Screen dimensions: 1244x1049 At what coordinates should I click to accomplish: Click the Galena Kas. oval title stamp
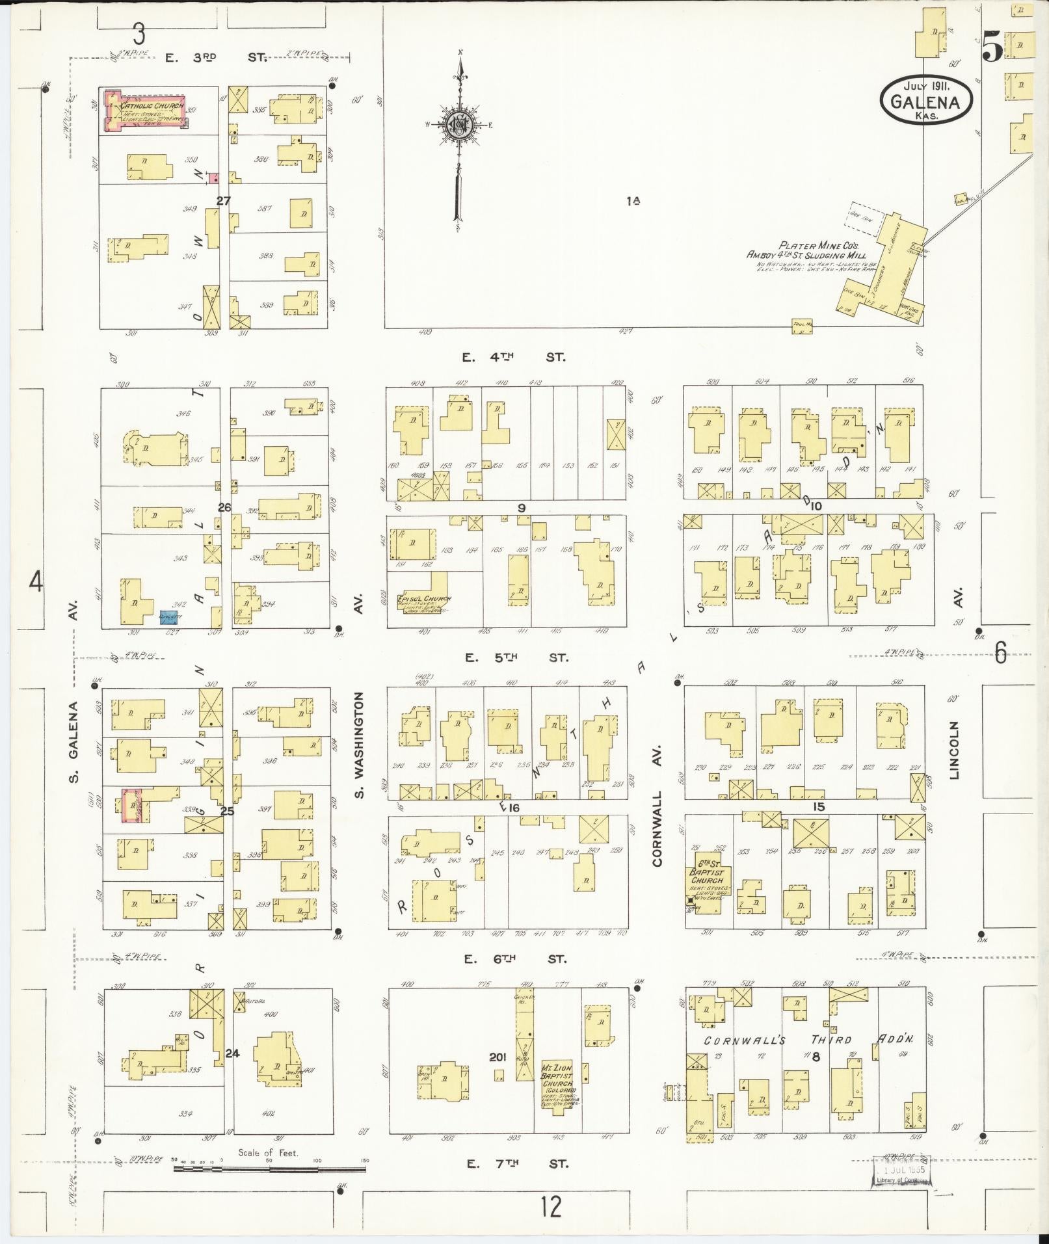coord(926,100)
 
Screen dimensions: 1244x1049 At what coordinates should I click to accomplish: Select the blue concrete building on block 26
coord(171,617)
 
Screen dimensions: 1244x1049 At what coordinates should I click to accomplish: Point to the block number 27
coord(223,201)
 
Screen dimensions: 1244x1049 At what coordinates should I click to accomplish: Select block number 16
coord(514,808)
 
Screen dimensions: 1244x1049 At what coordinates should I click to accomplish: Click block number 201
coord(498,1057)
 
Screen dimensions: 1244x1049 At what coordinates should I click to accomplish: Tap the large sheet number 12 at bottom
coord(550,1206)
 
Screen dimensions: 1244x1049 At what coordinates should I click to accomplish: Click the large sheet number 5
coord(992,47)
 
